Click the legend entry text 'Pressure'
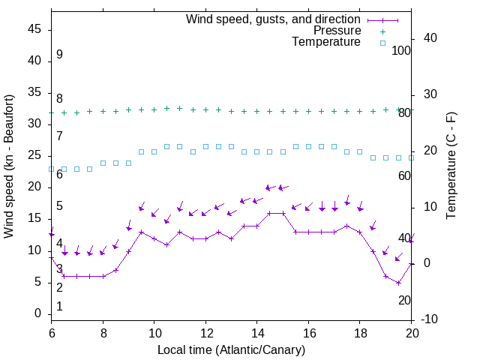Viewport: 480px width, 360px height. [x=337, y=31]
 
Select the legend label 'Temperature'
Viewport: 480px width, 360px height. [x=326, y=42]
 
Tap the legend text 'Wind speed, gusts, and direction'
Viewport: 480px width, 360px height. [x=273, y=19]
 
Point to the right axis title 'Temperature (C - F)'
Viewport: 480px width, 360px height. [x=451, y=166]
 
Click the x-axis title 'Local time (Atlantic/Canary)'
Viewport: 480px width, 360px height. [x=231, y=349]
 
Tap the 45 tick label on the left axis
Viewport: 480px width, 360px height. [x=34, y=30]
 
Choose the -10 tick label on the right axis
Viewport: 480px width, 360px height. [x=430, y=320]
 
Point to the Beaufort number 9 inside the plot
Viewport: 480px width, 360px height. [x=59, y=55]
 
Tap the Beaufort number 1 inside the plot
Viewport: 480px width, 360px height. [x=59, y=306]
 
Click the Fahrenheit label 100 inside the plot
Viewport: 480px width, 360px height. [x=401, y=50]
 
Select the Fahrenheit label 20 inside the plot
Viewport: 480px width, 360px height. [x=404, y=300]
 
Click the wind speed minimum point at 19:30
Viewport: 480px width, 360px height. [x=399, y=283]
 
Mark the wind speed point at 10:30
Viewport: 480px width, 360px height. [x=166, y=244]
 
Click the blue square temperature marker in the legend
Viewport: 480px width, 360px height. [x=382, y=43]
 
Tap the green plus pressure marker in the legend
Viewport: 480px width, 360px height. [x=382, y=31]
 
